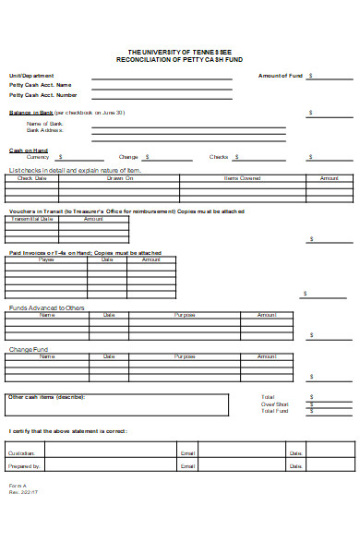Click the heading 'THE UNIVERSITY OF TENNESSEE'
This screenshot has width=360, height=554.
click(x=179, y=52)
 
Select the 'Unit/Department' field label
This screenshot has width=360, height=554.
click(x=31, y=76)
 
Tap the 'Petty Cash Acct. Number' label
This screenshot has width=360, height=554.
click(x=43, y=94)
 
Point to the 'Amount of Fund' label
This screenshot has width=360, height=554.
click(x=280, y=76)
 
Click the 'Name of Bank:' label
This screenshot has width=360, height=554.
click(x=45, y=124)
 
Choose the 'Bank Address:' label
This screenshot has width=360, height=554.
click(x=45, y=130)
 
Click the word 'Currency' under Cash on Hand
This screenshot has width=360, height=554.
click(x=38, y=157)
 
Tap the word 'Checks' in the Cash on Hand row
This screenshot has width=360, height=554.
click(x=219, y=157)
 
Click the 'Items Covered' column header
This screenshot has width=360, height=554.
click(x=243, y=178)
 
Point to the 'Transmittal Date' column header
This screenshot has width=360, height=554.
click(x=33, y=219)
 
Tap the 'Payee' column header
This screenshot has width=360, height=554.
click(x=46, y=259)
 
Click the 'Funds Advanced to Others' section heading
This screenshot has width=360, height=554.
click(x=46, y=307)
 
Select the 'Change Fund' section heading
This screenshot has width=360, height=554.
click(x=28, y=349)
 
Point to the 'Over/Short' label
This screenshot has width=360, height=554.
click(x=274, y=403)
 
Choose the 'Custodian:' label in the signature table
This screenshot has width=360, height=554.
click(x=23, y=453)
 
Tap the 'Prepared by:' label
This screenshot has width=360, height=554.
click(x=25, y=466)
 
